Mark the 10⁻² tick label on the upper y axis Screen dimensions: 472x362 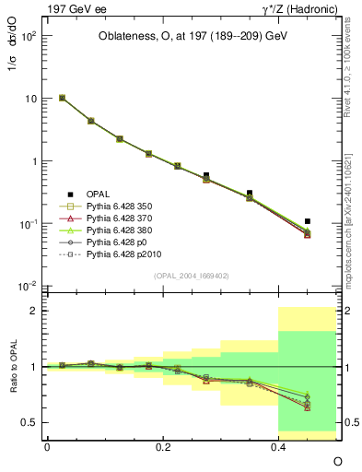[29, 287]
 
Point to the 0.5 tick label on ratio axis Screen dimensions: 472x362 [30, 422]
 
